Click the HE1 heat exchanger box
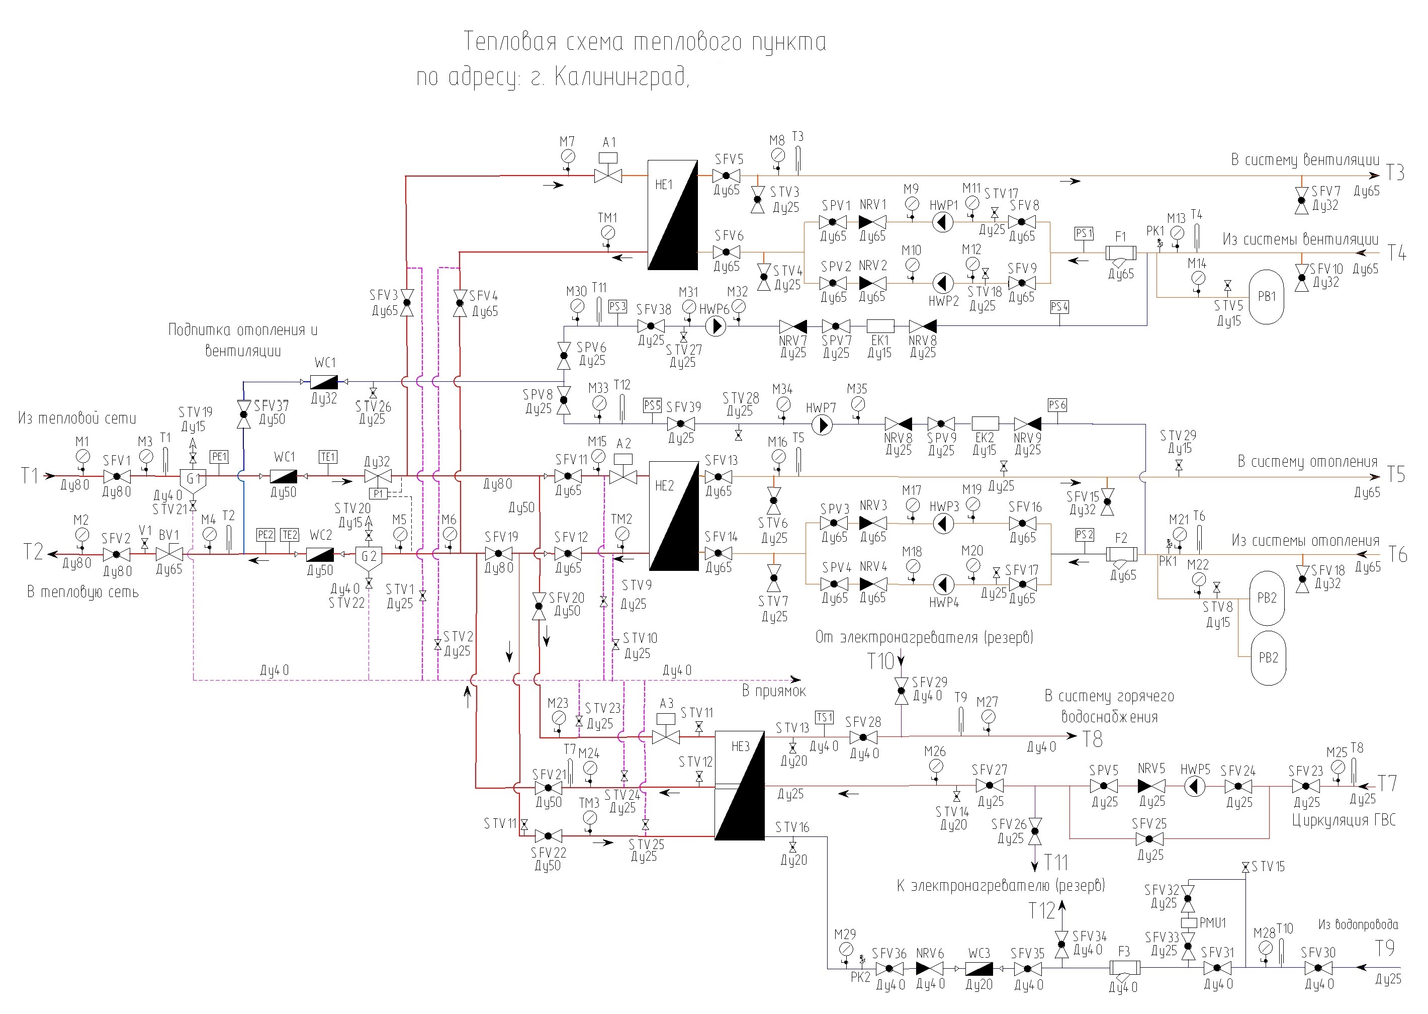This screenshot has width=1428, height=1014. [672, 215]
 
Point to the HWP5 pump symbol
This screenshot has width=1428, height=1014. [1195, 786]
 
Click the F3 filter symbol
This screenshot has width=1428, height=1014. [1124, 968]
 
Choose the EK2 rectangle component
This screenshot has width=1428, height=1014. [985, 424]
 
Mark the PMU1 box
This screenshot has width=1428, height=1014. [1188, 922]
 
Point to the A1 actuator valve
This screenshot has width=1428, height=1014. [608, 168]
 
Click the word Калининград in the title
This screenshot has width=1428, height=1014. [620, 77]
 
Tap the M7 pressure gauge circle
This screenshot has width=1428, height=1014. [567, 156]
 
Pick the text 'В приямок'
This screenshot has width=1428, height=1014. [773, 691]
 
